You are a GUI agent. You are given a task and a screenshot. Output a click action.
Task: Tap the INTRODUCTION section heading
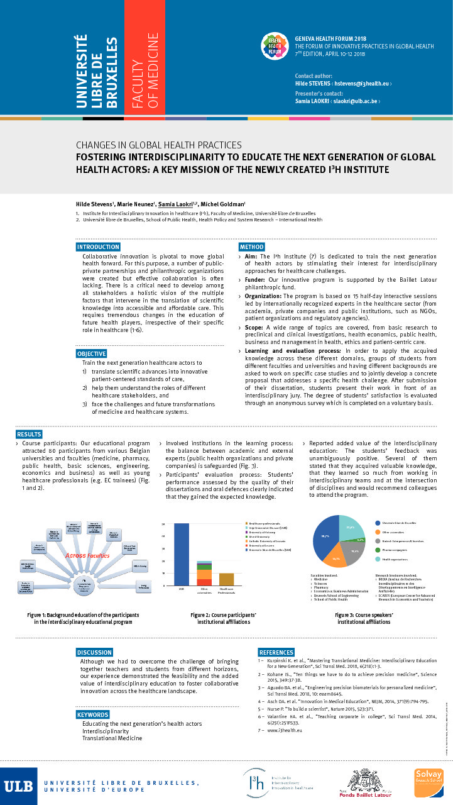coord(98,247)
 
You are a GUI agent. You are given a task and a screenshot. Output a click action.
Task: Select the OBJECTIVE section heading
coord(92,354)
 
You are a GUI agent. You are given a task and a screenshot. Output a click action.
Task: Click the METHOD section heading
coord(251,247)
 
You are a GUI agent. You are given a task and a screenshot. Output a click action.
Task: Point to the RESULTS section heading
coord(29,434)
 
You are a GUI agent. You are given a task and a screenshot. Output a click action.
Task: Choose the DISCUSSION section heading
coord(94,652)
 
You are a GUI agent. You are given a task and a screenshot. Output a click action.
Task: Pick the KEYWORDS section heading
coord(92,715)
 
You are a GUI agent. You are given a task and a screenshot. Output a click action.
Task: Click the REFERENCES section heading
coord(276,652)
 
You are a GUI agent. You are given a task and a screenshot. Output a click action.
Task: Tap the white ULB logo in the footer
coord(18,786)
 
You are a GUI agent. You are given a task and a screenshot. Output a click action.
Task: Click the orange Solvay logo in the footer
coord(428,783)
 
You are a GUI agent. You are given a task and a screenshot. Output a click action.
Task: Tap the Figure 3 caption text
coord(364,618)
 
